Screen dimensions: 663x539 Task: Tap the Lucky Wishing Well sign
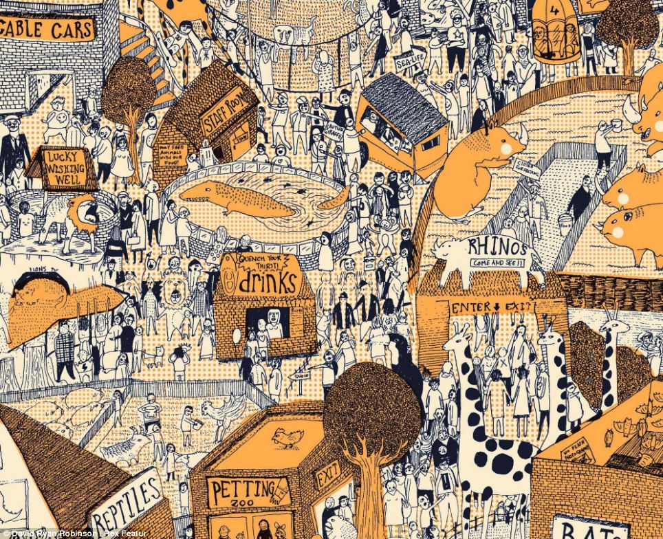coord(63,169)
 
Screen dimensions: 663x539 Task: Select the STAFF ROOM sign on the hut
coord(224,110)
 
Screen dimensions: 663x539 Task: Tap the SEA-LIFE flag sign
coord(407,61)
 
